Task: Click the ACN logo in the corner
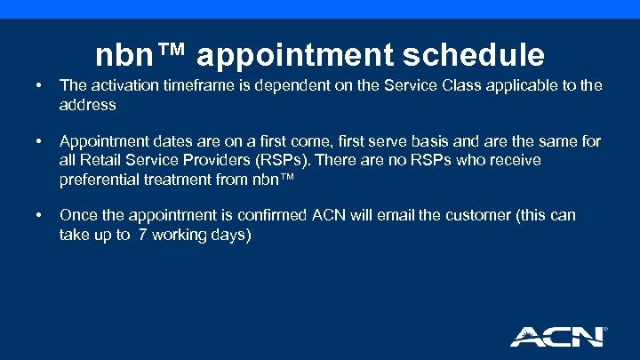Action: tap(557, 336)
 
